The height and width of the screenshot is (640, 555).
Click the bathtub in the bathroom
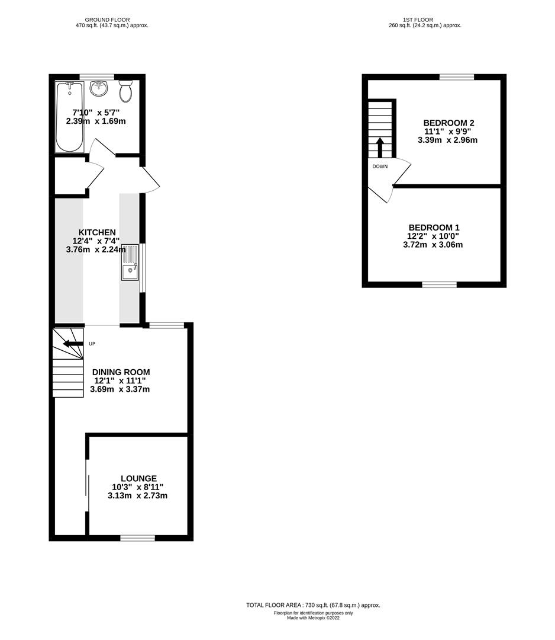pyautogui.click(x=70, y=117)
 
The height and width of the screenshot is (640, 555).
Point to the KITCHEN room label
pyautogui.click(x=97, y=232)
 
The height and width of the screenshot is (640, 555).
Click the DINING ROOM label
pyautogui.click(x=121, y=372)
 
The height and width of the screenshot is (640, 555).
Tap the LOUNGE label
pyautogui.click(x=138, y=478)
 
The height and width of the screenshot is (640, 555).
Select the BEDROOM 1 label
pyautogui.click(x=434, y=228)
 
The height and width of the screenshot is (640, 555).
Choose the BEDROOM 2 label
pyautogui.click(x=448, y=123)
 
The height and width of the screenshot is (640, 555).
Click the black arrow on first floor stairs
pyautogui.click(x=380, y=146)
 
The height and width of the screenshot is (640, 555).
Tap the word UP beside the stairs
pyautogui.click(x=92, y=344)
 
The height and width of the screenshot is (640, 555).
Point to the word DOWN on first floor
pyautogui.click(x=380, y=167)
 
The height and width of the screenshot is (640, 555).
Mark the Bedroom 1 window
pyautogui.click(x=439, y=284)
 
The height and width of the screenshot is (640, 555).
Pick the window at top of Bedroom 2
pyautogui.click(x=456, y=76)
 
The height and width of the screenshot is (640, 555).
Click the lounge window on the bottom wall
pyautogui.click(x=137, y=537)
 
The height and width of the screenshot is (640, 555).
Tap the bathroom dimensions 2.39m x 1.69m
pyautogui.click(x=96, y=121)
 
